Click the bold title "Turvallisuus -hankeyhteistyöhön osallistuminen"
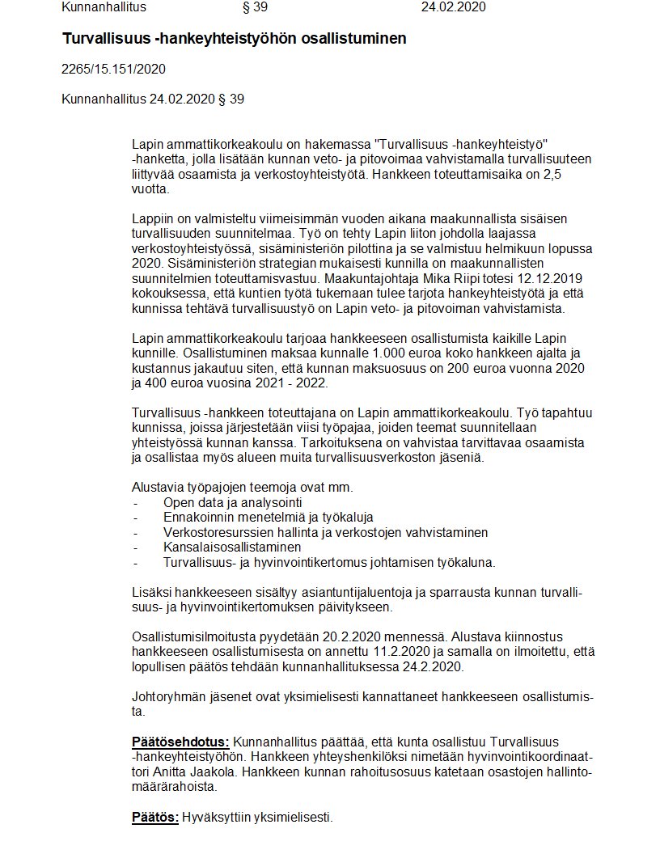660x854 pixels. point(235,39)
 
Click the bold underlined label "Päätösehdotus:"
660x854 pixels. point(181,742)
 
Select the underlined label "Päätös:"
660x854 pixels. point(155,818)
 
